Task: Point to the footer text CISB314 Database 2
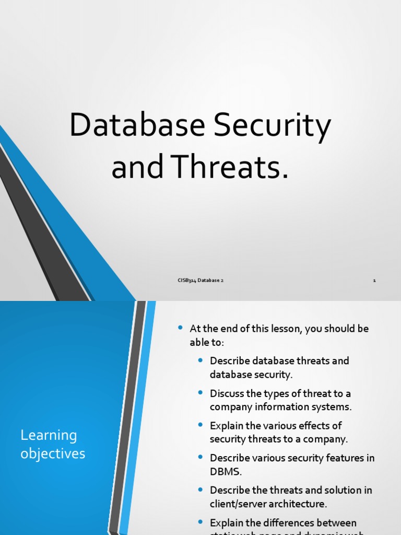200,281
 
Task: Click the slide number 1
374,281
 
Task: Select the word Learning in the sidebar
49,435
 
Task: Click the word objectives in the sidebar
53,453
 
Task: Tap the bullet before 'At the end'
181,328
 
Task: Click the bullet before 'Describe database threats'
201,360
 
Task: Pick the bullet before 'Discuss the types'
201,392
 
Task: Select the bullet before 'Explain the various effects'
201,425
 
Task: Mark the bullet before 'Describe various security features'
201,457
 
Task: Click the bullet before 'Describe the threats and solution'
201,490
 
